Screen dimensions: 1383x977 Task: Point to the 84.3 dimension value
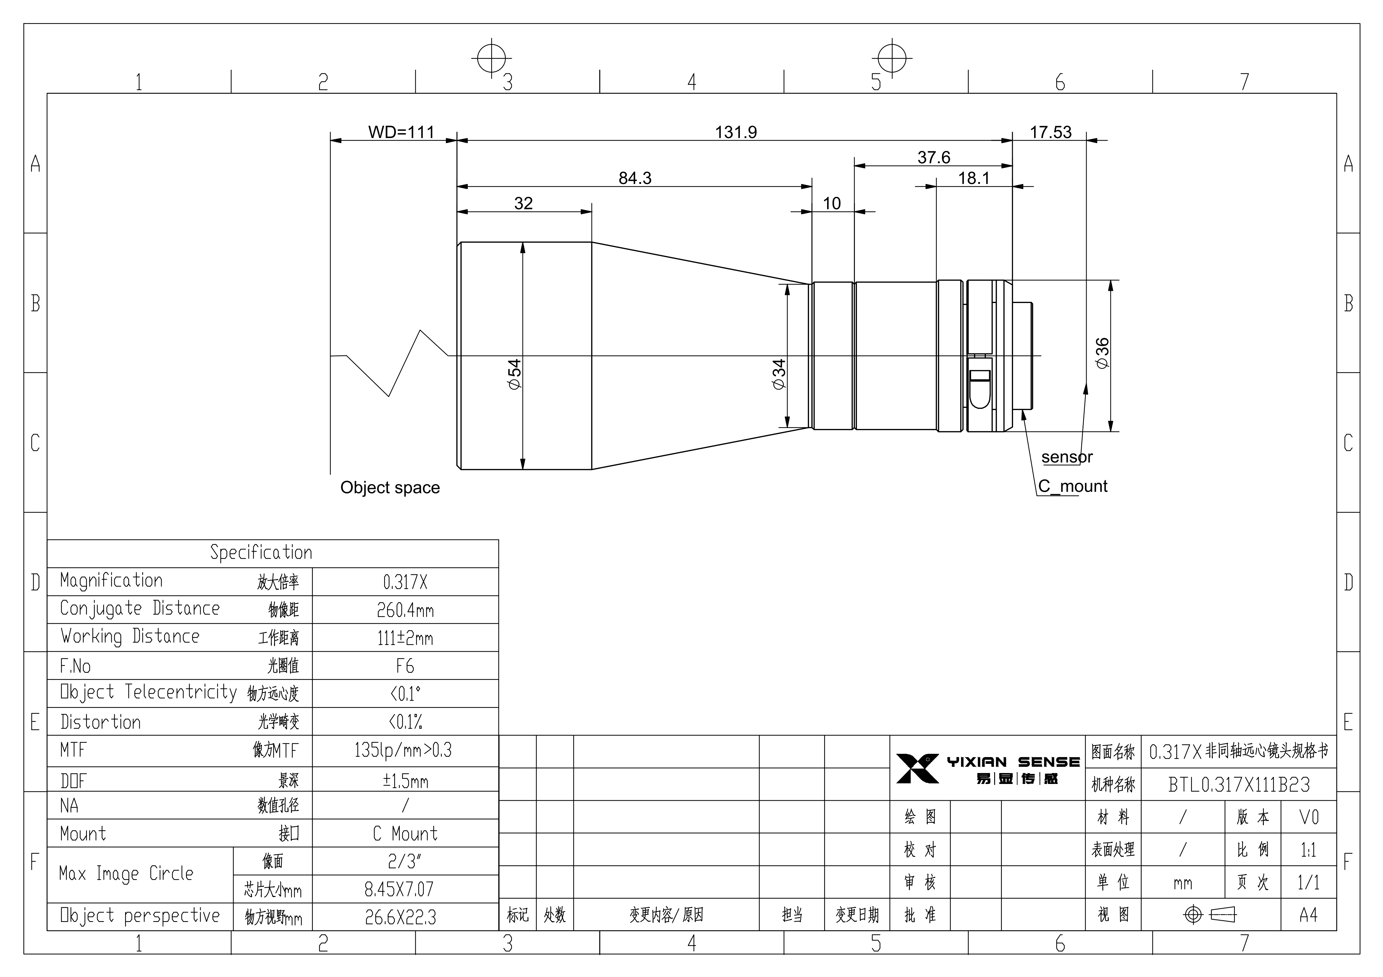tap(635, 178)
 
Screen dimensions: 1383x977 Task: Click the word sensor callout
tap(1067, 457)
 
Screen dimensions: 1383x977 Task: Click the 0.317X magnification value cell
tap(405, 582)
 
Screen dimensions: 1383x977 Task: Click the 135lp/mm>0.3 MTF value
tap(403, 750)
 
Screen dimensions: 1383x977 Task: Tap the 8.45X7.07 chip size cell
tap(399, 889)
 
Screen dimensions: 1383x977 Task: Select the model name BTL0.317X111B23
tap(1239, 784)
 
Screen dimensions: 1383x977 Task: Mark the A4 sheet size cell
tap(1308, 915)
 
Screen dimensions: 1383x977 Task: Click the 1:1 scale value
tap(1308, 850)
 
